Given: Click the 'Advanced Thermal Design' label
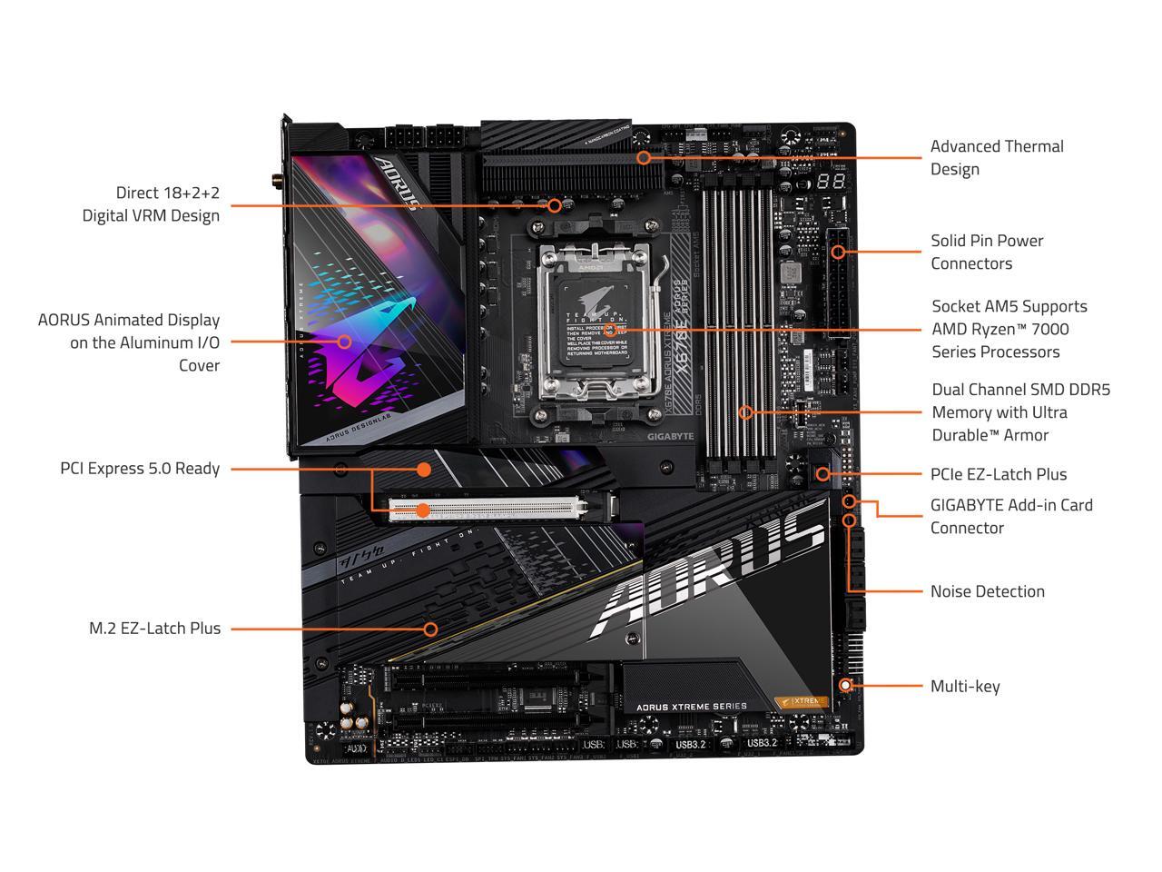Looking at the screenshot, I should (997, 157).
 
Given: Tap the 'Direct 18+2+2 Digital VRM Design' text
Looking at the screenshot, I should (151, 203).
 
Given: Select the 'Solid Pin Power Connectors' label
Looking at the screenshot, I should (987, 252).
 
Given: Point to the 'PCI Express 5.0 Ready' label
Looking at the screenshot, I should (140, 469).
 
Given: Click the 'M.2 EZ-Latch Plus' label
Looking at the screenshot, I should (154, 628).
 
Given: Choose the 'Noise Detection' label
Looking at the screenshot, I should (987, 591).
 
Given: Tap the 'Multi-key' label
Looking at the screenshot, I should (964, 686).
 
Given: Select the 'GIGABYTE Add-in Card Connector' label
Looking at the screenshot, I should (1011, 516).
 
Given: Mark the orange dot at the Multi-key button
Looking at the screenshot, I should (846, 685).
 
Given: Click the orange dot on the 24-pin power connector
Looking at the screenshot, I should (838, 252).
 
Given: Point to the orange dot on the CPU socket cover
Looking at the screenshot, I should (610, 331).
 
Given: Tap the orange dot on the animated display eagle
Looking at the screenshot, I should (344, 342).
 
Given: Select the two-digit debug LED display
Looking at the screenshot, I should (832, 181).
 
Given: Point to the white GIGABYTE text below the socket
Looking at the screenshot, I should (670, 436).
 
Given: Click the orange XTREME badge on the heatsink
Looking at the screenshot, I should (802, 701).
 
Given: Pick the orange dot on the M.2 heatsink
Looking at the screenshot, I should (431, 629).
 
